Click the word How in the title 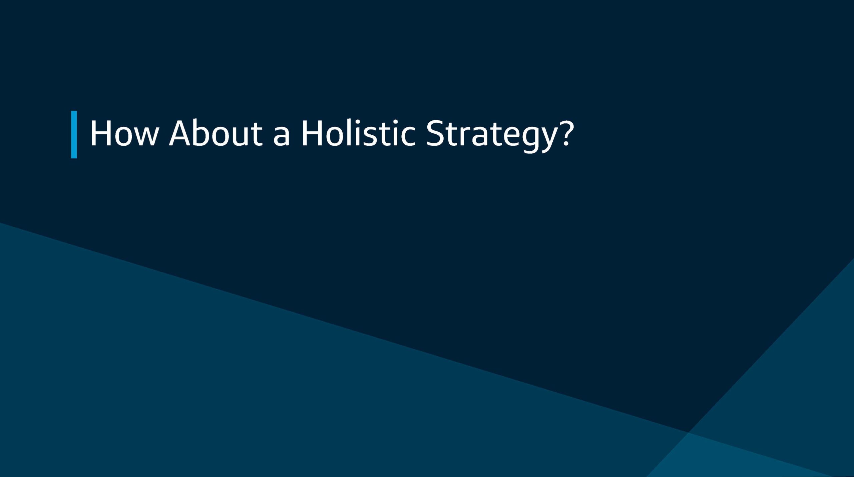pyautogui.click(x=124, y=133)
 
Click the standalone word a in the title pyautogui.click(x=281, y=136)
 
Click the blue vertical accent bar pyautogui.click(x=74, y=134)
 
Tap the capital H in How pyautogui.click(x=100, y=133)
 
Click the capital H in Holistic pyautogui.click(x=312, y=133)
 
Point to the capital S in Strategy pyautogui.click(x=436, y=133)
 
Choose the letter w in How pyautogui.click(x=145, y=136)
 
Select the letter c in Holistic pyautogui.click(x=408, y=136)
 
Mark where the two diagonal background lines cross pyautogui.click(x=689, y=432)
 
